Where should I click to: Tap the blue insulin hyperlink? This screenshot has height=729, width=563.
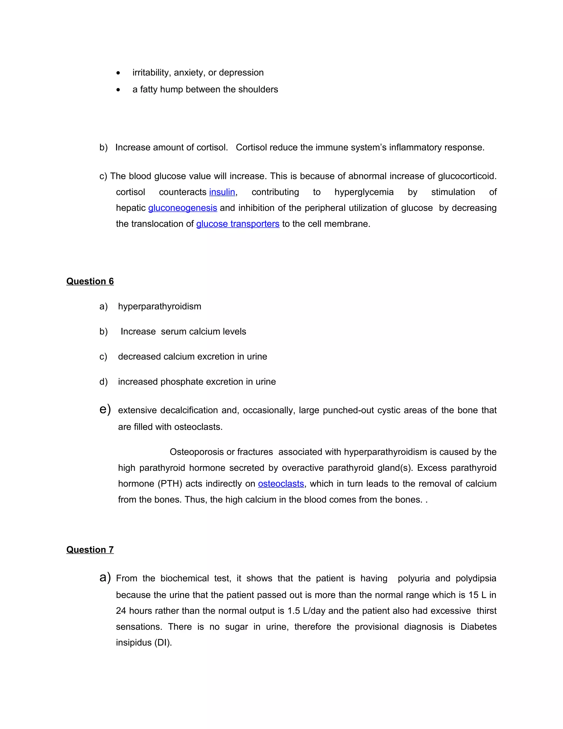click(x=222, y=192)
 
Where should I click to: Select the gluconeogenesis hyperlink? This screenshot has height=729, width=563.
click(x=183, y=208)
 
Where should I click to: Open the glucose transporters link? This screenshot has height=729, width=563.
click(x=238, y=224)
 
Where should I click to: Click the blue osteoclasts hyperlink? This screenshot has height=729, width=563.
click(x=281, y=484)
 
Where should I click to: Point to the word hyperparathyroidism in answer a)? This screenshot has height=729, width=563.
click(x=159, y=306)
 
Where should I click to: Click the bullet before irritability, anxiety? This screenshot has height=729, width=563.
click(x=118, y=73)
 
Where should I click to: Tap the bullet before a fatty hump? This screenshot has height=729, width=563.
click(x=118, y=90)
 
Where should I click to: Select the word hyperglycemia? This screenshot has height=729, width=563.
click(x=364, y=192)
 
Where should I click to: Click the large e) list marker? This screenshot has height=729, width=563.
click(x=105, y=409)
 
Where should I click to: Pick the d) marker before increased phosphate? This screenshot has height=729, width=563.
click(x=103, y=382)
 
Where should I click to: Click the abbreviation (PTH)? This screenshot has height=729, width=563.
click(x=170, y=484)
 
